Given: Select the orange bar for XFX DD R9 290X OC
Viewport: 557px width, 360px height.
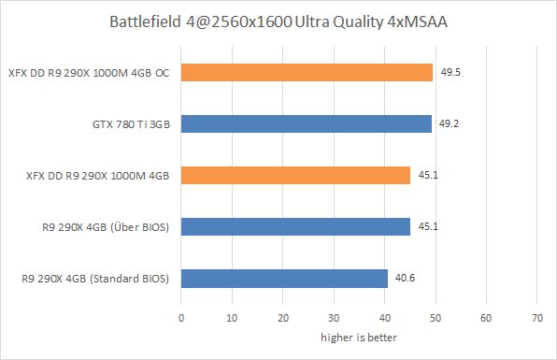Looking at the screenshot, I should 307,73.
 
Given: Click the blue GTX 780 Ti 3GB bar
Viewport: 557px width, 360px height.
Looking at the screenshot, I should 306,123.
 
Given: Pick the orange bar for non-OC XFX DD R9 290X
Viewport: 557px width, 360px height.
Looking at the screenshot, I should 295,175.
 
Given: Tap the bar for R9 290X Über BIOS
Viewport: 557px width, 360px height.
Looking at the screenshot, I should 295,226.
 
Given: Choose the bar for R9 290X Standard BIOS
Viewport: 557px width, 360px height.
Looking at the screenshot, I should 284,278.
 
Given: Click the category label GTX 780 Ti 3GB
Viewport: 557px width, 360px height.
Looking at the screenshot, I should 126,123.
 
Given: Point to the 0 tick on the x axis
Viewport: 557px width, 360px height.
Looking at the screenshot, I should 181,318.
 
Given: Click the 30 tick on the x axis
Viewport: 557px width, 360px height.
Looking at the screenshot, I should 333,318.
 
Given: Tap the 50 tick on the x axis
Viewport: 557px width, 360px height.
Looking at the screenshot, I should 434,318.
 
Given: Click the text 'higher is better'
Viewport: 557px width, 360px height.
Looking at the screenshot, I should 358,337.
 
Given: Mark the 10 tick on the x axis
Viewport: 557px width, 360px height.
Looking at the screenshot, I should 232,318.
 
